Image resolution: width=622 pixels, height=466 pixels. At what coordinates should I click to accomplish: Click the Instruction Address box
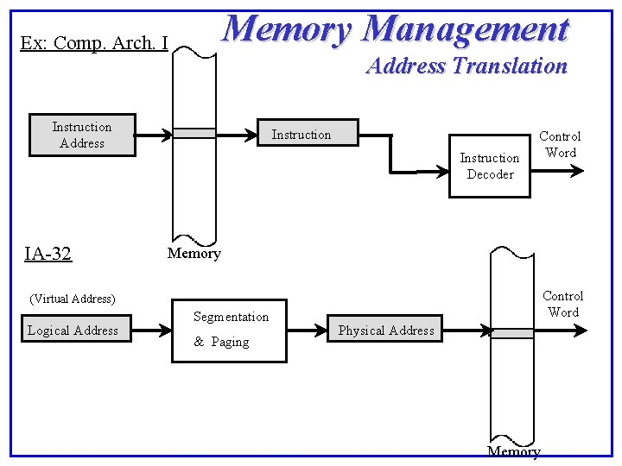tap(82, 135)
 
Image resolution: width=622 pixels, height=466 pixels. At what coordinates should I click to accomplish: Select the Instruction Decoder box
tap(489, 166)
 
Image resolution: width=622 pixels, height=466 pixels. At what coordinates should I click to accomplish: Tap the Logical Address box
tap(73, 330)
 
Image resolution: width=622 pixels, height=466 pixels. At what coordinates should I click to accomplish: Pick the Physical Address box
tap(386, 330)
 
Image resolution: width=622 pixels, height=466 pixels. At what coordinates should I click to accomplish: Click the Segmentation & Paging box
tap(232, 330)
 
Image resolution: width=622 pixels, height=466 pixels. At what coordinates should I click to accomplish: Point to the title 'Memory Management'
tap(396, 29)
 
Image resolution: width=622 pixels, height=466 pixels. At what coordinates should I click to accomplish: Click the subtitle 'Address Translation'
tap(466, 66)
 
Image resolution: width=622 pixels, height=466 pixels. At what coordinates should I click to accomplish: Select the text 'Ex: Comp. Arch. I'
tap(93, 42)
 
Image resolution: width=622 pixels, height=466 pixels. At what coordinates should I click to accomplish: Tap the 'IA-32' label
tap(48, 254)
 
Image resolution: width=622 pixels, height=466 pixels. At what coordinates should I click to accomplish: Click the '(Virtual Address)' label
tap(73, 299)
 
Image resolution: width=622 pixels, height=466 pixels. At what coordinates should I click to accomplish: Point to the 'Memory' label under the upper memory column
tap(194, 253)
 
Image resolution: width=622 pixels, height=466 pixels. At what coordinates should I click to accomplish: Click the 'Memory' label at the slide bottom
tap(514, 451)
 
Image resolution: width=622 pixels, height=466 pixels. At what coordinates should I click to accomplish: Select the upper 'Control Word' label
tap(560, 144)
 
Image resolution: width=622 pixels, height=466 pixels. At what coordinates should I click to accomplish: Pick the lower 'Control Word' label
tap(563, 304)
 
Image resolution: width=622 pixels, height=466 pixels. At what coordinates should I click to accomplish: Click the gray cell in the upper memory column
tap(194, 133)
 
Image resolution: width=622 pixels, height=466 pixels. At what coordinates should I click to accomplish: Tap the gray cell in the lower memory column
tap(512, 332)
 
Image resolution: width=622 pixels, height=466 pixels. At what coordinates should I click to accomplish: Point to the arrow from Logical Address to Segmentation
tap(154, 330)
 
